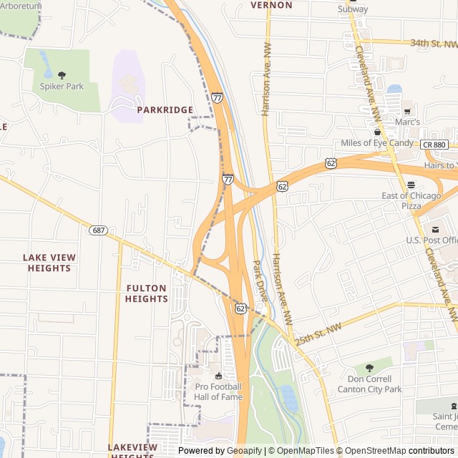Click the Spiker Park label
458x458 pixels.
(x=62, y=87)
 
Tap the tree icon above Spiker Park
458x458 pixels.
(x=62, y=74)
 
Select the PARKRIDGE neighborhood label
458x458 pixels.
(x=165, y=110)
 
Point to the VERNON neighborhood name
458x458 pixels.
(x=272, y=5)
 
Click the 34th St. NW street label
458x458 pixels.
(x=434, y=43)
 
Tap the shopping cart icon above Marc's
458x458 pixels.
(x=407, y=111)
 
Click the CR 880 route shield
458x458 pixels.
(x=434, y=145)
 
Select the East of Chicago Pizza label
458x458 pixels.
(x=411, y=200)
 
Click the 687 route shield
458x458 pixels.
(x=99, y=230)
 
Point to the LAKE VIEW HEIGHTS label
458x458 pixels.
(x=49, y=263)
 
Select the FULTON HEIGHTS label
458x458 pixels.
(x=146, y=293)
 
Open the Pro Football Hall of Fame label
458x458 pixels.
(x=218, y=391)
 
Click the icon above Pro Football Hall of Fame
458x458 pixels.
(x=218, y=376)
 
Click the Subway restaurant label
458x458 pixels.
(x=353, y=9)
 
